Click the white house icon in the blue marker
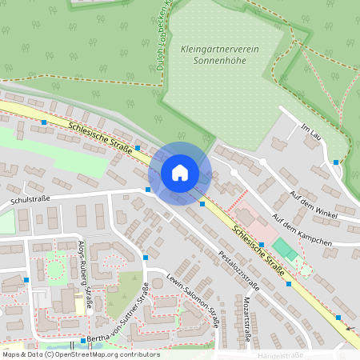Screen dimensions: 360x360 point(180,172)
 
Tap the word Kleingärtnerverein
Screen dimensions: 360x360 point(220,50)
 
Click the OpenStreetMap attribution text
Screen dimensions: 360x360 point(80,354)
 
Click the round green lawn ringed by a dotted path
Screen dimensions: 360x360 point(54,270)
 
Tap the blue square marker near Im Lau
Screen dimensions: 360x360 point(337,162)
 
